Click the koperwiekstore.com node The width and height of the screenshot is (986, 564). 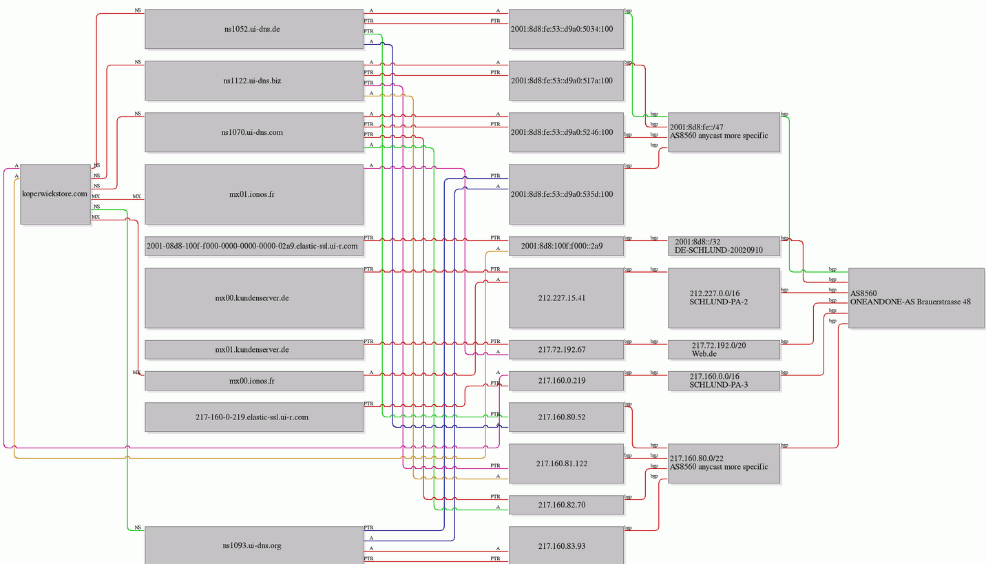coord(56,194)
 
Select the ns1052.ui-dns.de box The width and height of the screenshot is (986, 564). coord(254,29)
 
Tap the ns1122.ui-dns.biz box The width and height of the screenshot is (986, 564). coord(254,81)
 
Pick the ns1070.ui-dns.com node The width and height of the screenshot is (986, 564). coord(254,132)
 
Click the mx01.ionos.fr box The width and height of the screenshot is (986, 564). coord(254,194)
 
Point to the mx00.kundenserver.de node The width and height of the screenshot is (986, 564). coord(254,298)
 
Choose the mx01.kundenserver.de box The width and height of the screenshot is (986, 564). coord(254,350)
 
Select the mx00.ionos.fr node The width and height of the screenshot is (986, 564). coord(254,381)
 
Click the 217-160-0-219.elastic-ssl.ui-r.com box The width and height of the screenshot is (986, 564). coord(254,417)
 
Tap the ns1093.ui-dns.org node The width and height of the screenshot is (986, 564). coord(254,545)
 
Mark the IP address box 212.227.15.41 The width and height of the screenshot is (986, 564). coord(566,298)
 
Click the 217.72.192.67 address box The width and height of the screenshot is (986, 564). coord(566,350)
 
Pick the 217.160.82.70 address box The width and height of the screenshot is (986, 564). coord(566,505)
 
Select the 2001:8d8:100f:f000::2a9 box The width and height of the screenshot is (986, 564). coord(566,246)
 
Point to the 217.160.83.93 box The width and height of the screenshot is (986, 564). coord(566,545)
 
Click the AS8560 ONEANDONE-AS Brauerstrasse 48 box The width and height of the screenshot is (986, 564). coord(916,298)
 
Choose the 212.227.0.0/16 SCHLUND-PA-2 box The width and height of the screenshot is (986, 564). coord(724,298)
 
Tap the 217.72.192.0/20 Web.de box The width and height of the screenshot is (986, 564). coord(724,350)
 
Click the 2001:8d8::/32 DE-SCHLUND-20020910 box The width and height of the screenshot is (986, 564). coord(724,246)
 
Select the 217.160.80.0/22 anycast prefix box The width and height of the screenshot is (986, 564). coord(724,463)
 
